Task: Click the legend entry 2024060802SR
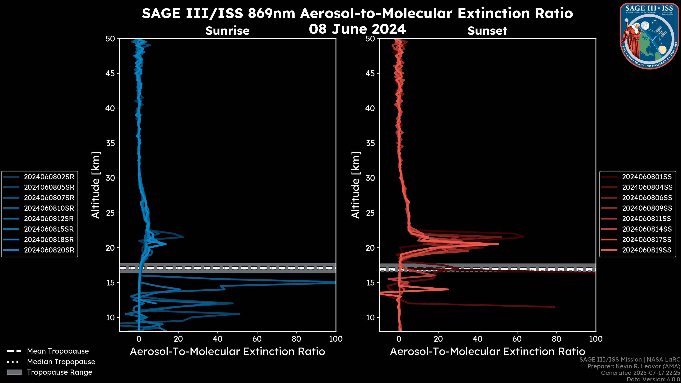tap(49, 177)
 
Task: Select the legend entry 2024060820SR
tap(49, 250)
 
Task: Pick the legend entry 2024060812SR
tap(49, 219)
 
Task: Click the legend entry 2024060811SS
tap(646, 219)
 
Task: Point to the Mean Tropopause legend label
tap(58, 351)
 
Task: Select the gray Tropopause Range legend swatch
tap(14, 372)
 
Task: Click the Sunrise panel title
tap(227, 31)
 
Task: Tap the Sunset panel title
tap(487, 31)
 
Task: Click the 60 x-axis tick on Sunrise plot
tap(257, 339)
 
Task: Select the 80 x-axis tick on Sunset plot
tap(557, 339)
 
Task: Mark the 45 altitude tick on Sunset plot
tap(370, 73)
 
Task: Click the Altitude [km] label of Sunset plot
tap(356, 185)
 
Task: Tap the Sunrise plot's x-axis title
tap(227, 352)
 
